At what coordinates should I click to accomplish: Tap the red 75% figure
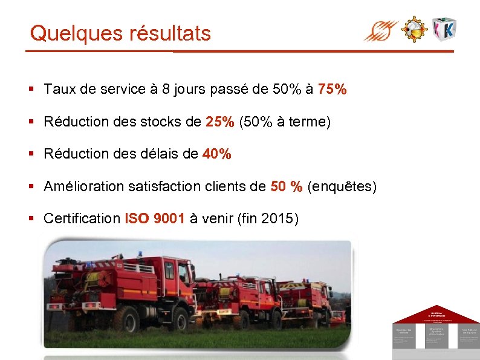tap(332, 90)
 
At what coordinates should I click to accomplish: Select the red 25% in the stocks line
tap(219, 122)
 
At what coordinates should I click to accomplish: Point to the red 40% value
tap(216, 154)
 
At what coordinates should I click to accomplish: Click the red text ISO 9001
tap(155, 219)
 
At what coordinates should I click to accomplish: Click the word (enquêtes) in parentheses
tap(342, 187)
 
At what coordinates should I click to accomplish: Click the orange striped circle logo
tap(381, 30)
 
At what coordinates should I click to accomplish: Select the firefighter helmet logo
tap(415, 28)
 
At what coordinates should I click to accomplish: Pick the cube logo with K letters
tap(444, 28)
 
